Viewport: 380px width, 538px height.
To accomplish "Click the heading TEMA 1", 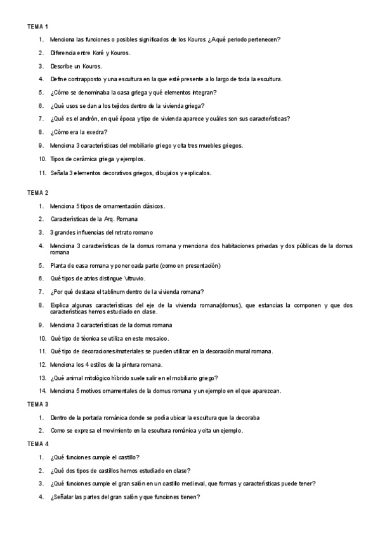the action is coord(37,27).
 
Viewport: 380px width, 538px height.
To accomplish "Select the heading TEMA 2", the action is coord(37,192).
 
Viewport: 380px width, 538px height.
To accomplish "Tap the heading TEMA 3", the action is coord(37,404).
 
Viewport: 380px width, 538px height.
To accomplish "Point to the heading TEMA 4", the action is coord(37,445).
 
